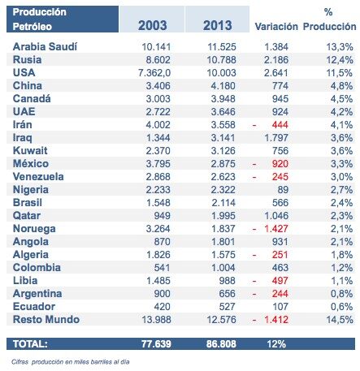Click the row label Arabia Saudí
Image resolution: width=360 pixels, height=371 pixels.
tap(46, 47)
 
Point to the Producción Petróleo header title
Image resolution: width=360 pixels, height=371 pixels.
tap(39, 19)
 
